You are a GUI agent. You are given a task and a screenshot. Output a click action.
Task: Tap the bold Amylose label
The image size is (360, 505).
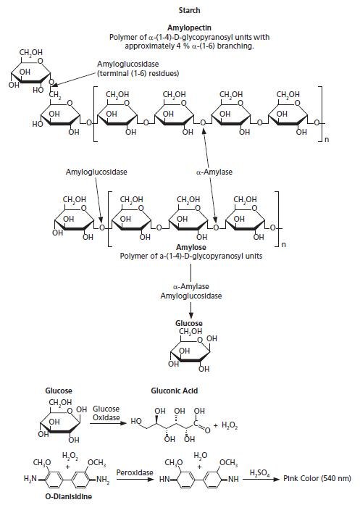coord(190,247)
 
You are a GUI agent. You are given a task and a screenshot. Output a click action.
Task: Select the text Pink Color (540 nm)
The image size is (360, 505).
coord(319,479)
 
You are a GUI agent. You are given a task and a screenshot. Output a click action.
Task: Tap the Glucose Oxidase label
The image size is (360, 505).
coord(105,413)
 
